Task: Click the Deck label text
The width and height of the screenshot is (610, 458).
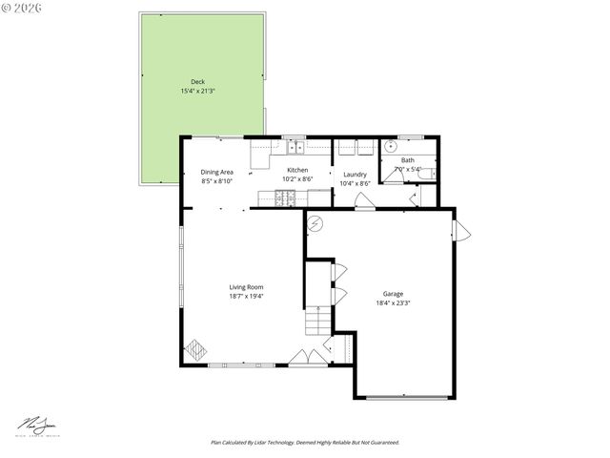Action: pyautogui.click(x=197, y=82)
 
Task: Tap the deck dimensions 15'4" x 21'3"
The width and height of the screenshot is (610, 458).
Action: pyautogui.click(x=197, y=91)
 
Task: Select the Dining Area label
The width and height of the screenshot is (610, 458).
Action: pyautogui.click(x=216, y=171)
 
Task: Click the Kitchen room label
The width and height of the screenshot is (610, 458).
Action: pyautogui.click(x=297, y=170)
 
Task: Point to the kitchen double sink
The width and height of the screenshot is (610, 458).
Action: pyautogui.click(x=296, y=147)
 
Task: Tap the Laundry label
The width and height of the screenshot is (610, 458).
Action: pyautogui.click(x=355, y=175)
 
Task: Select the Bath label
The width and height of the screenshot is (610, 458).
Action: pyautogui.click(x=408, y=160)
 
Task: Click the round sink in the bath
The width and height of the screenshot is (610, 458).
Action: pyautogui.click(x=390, y=147)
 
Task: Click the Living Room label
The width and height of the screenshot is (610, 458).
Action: pyautogui.click(x=246, y=287)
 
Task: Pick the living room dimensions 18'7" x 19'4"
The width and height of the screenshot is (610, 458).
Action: pyautogui.click(x=246, y=297)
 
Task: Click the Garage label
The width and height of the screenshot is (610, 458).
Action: pyautogui.click(x=393, y=294)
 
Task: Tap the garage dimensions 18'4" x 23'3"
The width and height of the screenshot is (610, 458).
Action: pyautogui.click(x=393, y=303)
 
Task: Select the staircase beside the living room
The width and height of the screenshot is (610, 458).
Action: pyautogui.click(x=317, y=322)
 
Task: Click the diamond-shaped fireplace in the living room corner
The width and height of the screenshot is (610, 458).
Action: pyautogui.click(x=194, y=347)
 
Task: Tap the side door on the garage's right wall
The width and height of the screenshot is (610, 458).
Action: pyautogui.click(x=461, y=231)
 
